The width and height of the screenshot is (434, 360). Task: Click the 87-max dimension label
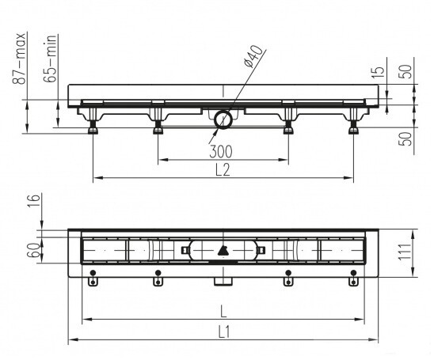click(20, 59)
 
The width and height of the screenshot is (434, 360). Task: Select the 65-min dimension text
click(51, 59)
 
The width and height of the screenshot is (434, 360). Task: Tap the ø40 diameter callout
click(253, 56)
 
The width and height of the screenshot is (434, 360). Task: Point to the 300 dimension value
click(221, 152)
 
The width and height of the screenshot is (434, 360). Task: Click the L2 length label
click(223, 170)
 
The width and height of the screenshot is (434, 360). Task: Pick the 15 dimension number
click(380, 71)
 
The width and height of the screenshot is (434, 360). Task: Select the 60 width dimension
click(34, 250)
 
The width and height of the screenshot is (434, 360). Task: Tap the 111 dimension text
click(405, 252)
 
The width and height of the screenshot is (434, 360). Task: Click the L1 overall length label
click(224, 332)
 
